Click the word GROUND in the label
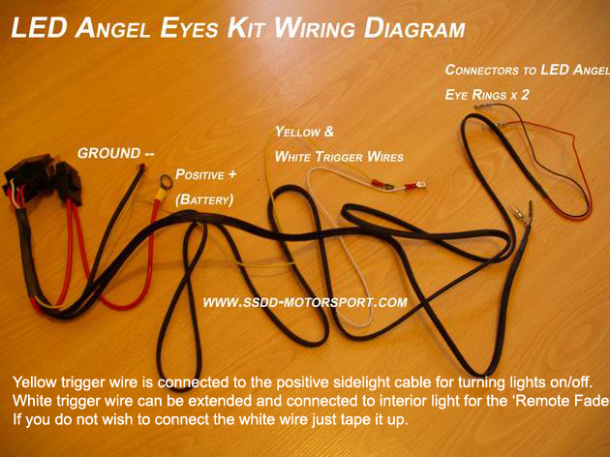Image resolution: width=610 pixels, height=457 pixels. (x=108, y=153)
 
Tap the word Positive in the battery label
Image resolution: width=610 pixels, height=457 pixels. (x=200, y=174)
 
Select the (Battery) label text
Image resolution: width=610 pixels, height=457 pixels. (x=204, y=199)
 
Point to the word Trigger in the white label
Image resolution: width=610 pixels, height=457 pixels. (x=339, y=157)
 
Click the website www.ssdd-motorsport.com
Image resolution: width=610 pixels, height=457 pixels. (x=305, y=302)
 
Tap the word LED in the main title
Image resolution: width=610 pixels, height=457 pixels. (x=39, y=28)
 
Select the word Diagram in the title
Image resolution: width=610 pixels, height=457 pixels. (x=414, y=28)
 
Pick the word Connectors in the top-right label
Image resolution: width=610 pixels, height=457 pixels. (x=482, y=70)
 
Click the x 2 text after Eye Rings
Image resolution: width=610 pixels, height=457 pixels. (x=520, y=95)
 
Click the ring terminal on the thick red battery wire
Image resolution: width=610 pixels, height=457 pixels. (x=166, y=183)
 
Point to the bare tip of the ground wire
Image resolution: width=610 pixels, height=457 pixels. (x=142, y=168)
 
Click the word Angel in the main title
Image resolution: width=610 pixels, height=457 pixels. (x=112, y=28)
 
